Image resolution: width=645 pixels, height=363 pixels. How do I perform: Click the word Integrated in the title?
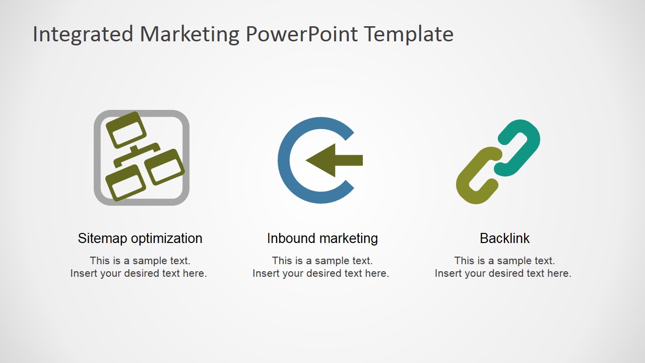pyautogui.click(x=83, y=34)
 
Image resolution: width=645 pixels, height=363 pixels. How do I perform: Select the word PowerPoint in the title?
pyautogui.click(x=302, y=34)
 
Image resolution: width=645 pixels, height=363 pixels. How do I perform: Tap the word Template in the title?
pyautogui.click(x=409, y=34)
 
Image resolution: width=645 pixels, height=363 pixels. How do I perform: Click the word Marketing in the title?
pyautogui.click(x=189, y=34)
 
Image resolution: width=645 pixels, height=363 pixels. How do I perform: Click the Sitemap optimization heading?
pyautogui.click(x=140, y=238)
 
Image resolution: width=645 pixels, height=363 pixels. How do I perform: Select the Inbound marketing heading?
pyautogui.click(x=322, y=238)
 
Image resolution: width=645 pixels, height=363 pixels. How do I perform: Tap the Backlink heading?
pyautogui.click(x=504, y=238)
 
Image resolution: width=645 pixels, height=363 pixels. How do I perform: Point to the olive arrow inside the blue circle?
pyautogui.click(x=333, y=160)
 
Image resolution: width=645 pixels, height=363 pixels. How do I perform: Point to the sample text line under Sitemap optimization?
pyautogui.click(x=140, y=261)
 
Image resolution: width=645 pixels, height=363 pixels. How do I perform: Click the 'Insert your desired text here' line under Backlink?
pyautogui.click(x=503, y=274)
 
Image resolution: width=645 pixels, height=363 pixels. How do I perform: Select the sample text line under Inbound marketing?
pyautogui.click(x=322, y=261)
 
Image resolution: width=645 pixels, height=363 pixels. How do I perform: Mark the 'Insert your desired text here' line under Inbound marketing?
pyautogui.click(x=321, y=274)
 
